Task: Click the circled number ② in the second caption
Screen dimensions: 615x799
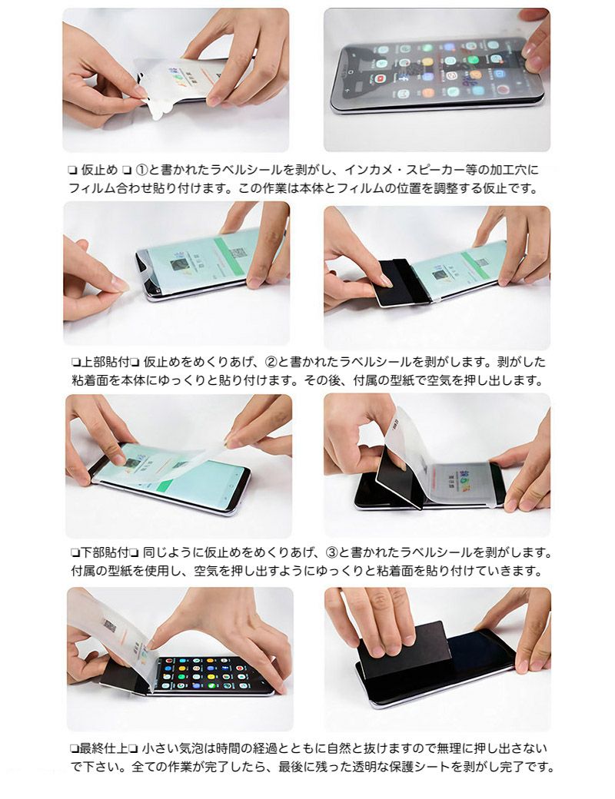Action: (x=271, y=362)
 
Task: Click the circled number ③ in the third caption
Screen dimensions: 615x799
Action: (x=332, y=552)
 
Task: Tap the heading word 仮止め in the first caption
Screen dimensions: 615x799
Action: (x=99, y=170)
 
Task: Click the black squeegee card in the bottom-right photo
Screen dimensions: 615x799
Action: (x=403, y=651)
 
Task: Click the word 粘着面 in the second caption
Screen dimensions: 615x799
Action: (x=89, y=380)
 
